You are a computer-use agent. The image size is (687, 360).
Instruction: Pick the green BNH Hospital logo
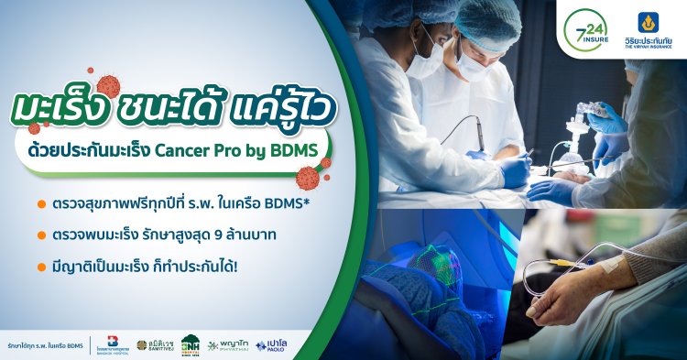(191, 344)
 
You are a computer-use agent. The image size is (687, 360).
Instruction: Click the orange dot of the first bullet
(42, 202)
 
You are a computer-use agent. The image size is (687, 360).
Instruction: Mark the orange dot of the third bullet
(42, 268)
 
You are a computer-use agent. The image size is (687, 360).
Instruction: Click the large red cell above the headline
(108, 86)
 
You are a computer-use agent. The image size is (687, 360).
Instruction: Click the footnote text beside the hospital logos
(45, 344)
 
